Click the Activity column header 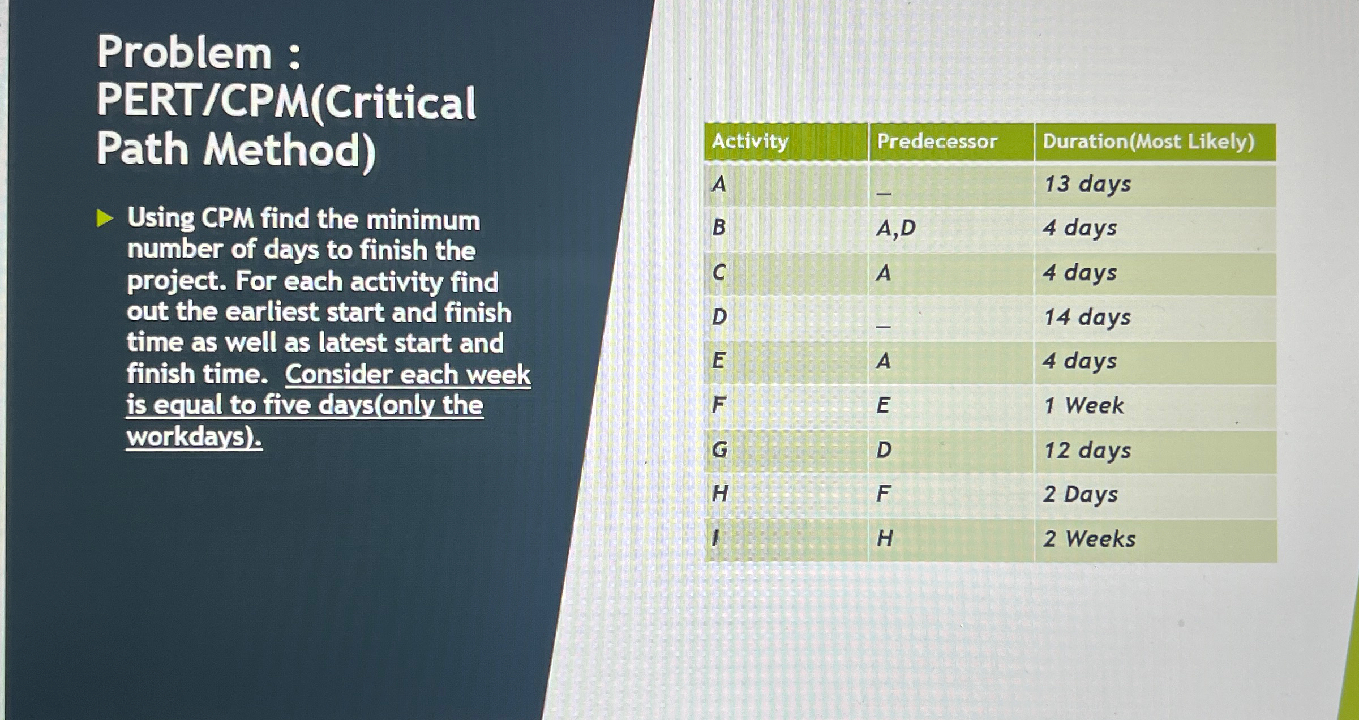(750, 141)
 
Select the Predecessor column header (937, 141)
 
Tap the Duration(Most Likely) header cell (1148, 141)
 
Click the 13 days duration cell (1087, 185)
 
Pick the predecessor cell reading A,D (895, 228)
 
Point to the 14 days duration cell (1087, 318)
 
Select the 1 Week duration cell (1083, 405)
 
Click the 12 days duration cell (1087, 451)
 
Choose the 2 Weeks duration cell (1089, 539)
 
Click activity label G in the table (719, 450)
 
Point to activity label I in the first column (715, 538)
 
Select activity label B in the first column (719, 228)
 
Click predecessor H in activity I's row (885, 538)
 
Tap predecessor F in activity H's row (883, 494)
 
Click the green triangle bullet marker (105, 218)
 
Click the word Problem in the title (185, 53)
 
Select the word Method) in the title (289, 151)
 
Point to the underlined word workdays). (194, 436)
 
